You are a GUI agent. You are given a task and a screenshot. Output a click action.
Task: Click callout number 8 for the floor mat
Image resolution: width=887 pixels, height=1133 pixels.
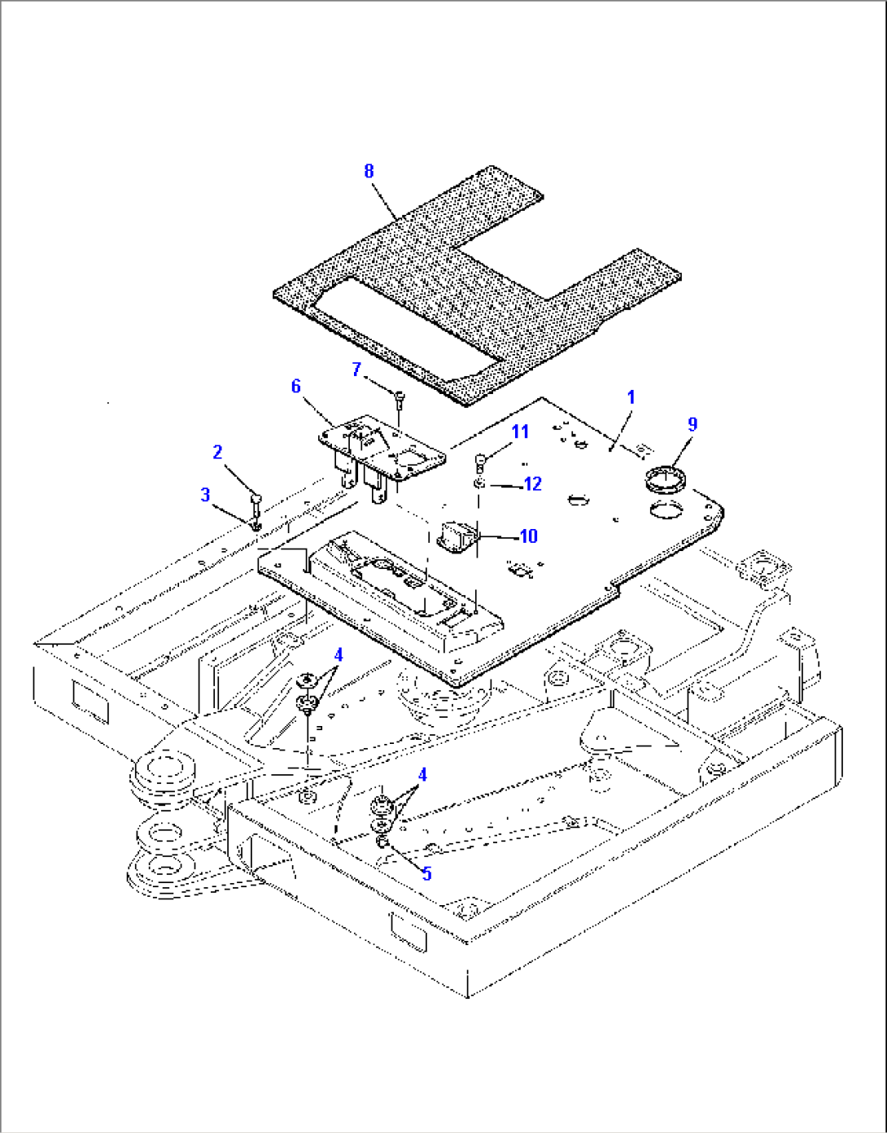[369, 171]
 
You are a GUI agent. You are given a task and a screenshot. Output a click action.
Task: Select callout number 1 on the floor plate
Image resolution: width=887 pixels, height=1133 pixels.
[631, 397]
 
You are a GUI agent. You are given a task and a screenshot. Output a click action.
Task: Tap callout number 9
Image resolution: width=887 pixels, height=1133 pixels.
[693, 424]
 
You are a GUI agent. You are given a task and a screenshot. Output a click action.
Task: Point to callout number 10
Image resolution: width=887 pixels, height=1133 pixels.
[528, 536]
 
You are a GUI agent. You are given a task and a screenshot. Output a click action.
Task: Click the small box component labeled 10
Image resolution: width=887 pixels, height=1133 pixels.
[457, 538]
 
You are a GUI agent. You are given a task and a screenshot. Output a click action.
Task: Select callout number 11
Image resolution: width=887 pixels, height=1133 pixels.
[520, 431]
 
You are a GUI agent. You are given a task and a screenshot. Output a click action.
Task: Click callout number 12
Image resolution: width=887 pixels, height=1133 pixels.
[532, 484]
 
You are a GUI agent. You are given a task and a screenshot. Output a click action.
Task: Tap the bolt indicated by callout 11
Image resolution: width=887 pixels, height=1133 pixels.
[481, 462]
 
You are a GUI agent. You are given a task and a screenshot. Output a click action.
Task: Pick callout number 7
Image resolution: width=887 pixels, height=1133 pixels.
[356, 370]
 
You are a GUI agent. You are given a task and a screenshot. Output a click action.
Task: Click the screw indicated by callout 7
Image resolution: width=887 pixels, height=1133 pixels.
[400, 398]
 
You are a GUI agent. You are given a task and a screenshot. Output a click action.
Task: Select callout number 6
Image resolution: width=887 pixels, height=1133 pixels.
[296, 386]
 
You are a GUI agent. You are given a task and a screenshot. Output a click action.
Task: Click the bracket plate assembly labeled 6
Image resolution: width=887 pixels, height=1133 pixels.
[382, 448]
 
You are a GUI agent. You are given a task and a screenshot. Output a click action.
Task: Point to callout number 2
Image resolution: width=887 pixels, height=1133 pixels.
[217, 452]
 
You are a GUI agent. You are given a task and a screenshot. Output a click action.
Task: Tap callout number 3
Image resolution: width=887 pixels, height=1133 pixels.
[205, 494]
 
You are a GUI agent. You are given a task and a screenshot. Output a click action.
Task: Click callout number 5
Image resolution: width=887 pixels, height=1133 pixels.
[426, 875]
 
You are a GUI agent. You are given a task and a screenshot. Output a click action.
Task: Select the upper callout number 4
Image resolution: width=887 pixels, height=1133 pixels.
[338, 655]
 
